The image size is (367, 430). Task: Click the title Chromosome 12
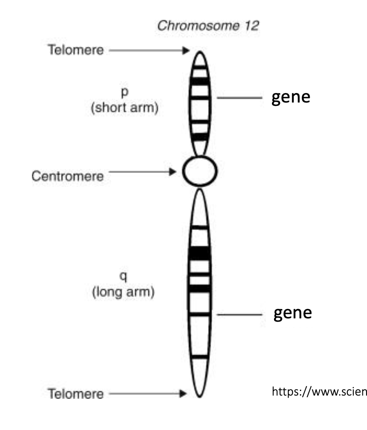point(208,26)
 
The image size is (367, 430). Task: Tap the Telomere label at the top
point(75,50)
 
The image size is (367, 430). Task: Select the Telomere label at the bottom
point(75,393)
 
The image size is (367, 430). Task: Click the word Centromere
point(68,176)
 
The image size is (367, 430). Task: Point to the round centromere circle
point(200,171)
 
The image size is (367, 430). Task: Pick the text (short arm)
point(124,109)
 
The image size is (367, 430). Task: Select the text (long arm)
point(123,292)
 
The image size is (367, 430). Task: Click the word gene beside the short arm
point(291,97)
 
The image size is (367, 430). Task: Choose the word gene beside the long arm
point(292,313)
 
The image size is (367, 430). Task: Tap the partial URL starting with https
point(319,391)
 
